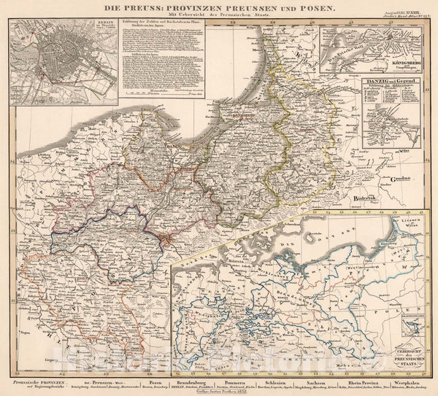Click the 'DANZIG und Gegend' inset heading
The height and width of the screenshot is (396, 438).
point(390,78)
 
